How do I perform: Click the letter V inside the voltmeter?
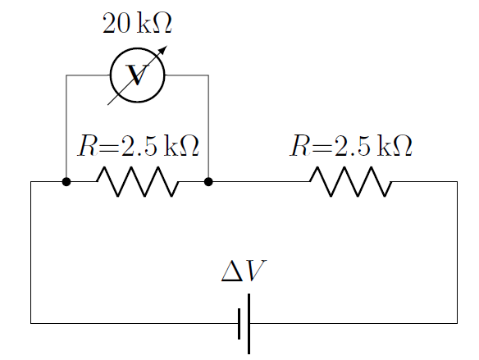[x=137, y=76]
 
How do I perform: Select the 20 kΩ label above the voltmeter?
[x=137, y=24]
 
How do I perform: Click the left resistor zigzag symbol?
[x=137, y=181]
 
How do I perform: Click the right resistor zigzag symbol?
[x=350, y=181]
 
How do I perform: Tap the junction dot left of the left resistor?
[x=66, y=181]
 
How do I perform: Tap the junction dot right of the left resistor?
[x=208, y=181]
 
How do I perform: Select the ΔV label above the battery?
[x=244, y=272]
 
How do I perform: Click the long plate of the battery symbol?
[x=248, y=323]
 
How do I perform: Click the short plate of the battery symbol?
[x=239, y=323]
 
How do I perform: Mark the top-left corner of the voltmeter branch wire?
[x=66, y=75]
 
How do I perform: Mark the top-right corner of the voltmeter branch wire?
[x=208, y=75]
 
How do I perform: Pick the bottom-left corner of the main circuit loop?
[x=31, y=323]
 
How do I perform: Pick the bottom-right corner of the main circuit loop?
[x=457, y=323]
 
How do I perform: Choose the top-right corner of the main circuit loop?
[x=457, y=181]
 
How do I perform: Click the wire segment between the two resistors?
[x=258, y=181]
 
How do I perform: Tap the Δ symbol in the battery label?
[x=232, y=272]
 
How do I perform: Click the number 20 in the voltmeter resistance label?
[x=116, y=24]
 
